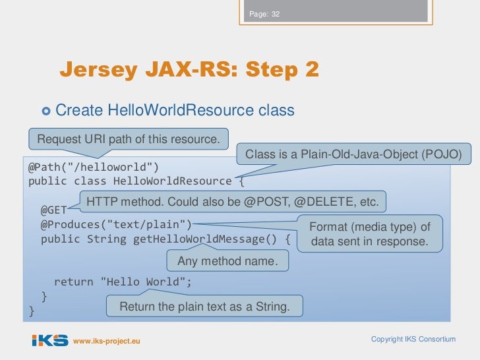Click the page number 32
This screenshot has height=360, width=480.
pyautogui.click(x=276, y=15)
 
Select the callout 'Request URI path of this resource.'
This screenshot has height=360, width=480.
pyautogui.click(x=128, y=138)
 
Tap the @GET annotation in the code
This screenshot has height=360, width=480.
pyautogui.click(x=54, y=210)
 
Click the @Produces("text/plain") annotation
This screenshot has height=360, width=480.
pyautogui.click(x=116, y=224)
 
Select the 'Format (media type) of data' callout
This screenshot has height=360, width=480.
pyautogui.click(x=370, y=234)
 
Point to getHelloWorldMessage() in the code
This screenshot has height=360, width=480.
pyautogui.click(x=208, y=239)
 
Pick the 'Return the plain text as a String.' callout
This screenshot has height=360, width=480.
pyautogui.click(x=204, y=307)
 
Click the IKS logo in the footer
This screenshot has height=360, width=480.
pyautogui.click(x=50, y=340)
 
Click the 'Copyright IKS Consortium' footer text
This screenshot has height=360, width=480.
pyautogui.click(x=413, y=339)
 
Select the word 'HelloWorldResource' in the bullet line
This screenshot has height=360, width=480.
pyautogui.click(x=169, y=110)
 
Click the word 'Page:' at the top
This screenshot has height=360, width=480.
pyautogui.click(x=258, y=15)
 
